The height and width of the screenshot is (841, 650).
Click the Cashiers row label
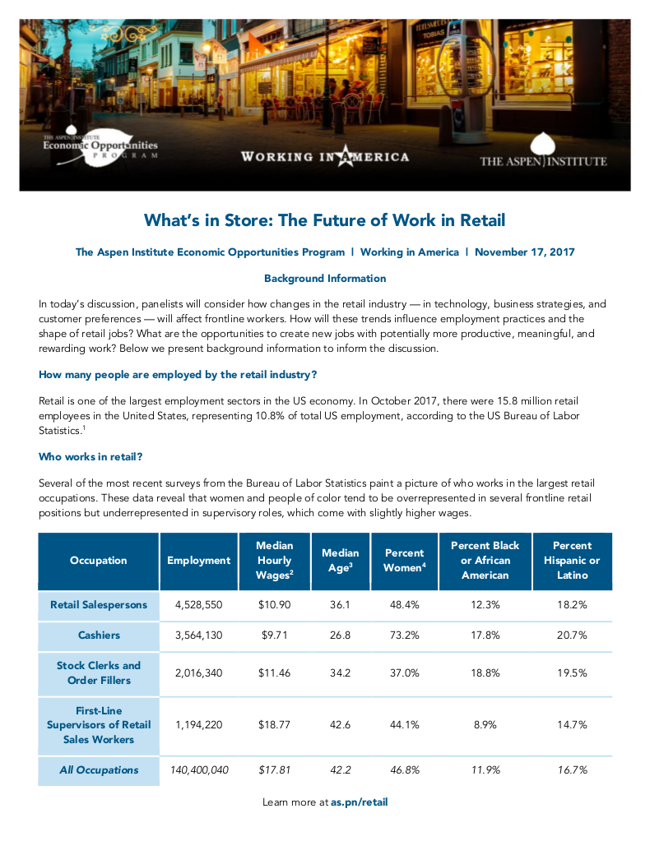(99, 635)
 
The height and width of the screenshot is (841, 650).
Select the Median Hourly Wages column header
(274, 560)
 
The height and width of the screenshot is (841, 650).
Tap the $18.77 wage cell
(274, 724)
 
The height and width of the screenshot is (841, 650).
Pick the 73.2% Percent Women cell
(404, 635)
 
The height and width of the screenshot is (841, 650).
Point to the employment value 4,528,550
(198, 604)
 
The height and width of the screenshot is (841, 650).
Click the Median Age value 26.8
(340, 635)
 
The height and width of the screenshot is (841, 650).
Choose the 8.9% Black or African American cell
(485, 724)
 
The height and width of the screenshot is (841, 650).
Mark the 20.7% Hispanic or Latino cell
(572, 635)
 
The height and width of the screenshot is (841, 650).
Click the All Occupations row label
(99, 770)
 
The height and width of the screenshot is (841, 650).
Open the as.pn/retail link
(359, 802)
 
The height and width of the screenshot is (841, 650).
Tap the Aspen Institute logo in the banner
(543, 152)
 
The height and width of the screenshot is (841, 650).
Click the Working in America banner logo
(324, 155)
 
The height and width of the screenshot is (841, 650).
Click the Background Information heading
(325, 279)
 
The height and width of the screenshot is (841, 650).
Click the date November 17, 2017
(524, 252)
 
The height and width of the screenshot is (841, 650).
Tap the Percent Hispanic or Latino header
(572, 560)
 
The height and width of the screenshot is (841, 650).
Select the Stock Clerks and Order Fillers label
(99, 672)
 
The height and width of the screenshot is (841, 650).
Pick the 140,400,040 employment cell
(198, 770)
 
